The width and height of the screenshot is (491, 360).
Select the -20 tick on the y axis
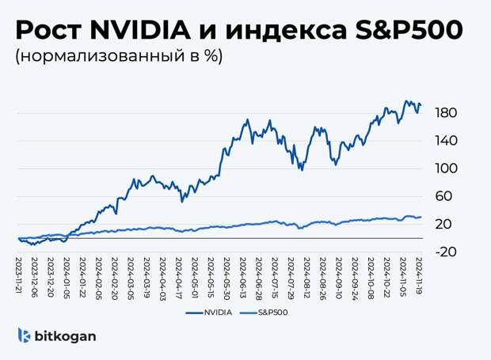[446, 252]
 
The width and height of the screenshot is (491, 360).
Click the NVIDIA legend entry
[209, 313]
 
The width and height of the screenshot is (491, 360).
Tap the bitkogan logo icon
[25, 335]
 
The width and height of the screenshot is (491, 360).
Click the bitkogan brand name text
[65, 336]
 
